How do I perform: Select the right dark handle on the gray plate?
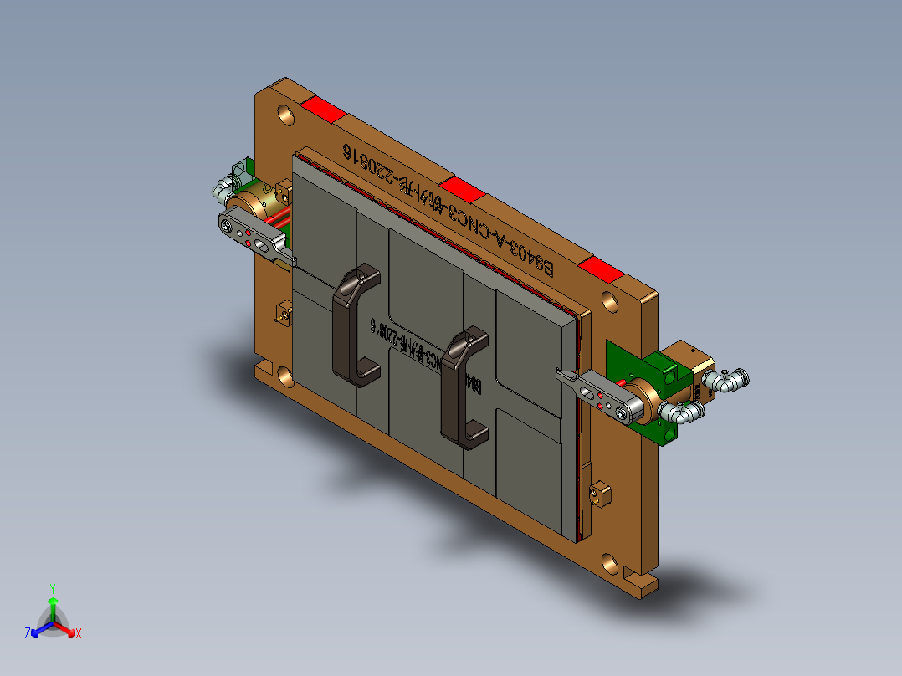coord(463,385)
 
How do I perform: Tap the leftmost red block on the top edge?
coord(323,110)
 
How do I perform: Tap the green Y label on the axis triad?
coord(52,587)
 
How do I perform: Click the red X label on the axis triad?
coord(79,633)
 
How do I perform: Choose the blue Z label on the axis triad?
coord(28,633)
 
